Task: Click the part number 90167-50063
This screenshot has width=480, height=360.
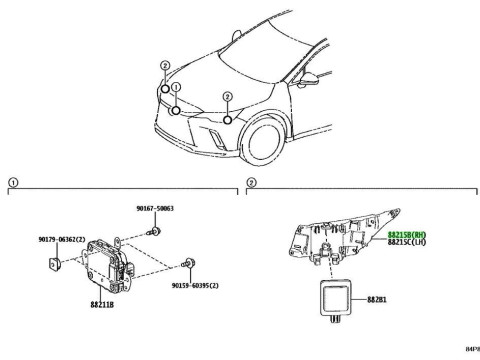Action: click(155, 208)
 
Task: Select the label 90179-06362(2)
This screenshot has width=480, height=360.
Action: click(61, 240)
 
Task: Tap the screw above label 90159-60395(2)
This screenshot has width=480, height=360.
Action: click(188, 263)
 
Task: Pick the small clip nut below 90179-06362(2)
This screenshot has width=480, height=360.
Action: click(53, 264)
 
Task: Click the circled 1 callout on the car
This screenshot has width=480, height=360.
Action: click(175, 89)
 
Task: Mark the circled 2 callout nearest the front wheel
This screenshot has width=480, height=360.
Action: click(228, 97)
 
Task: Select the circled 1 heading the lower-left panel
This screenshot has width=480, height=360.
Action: click(12, 183)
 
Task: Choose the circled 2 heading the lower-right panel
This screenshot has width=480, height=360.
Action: click(251, 183)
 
